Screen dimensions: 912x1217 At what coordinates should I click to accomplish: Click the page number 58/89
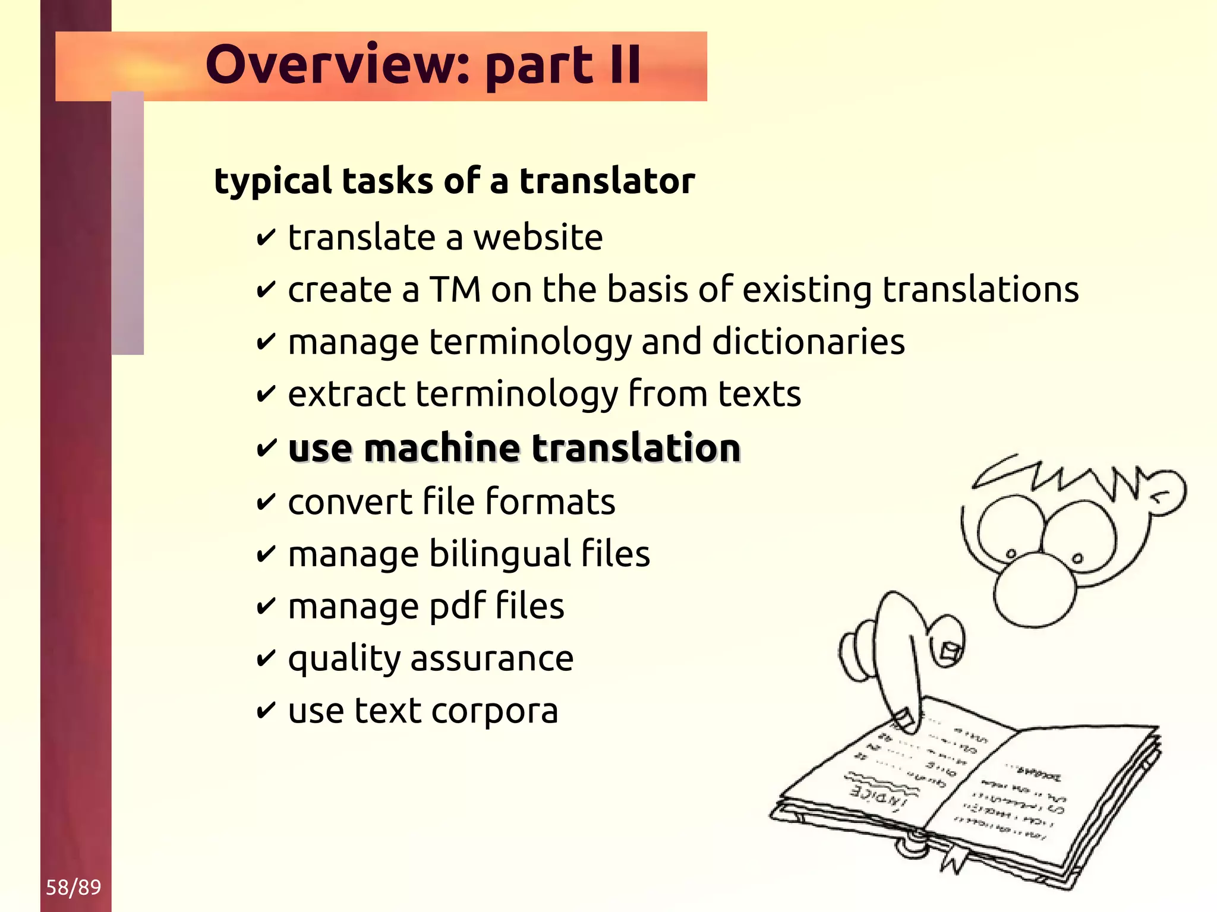tap(73, 887)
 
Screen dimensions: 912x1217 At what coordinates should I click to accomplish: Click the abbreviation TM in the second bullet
tap(455, 290)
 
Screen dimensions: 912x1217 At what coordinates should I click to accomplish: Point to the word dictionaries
tap(808, 342)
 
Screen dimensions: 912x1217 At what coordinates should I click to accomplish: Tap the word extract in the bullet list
tap(346, 394)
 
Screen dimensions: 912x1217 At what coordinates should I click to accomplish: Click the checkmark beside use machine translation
tap(266, 447)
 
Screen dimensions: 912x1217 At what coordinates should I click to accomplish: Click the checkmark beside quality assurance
tap(266, 658)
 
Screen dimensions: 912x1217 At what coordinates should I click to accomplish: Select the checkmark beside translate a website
tap(266, 238)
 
